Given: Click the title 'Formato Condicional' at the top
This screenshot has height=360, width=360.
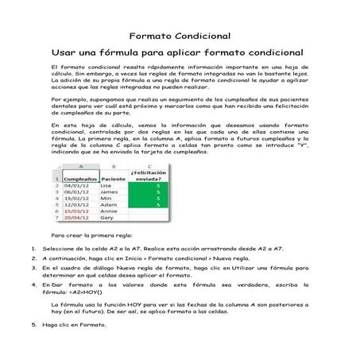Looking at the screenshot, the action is (x=180, y=36).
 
